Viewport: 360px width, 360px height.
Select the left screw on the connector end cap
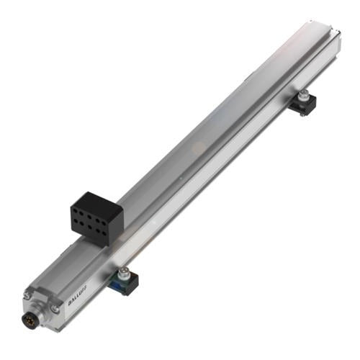pyautogui.click(x=27, y=296)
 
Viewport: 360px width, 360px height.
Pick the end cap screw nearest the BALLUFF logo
pyautogui.click(x=55, y=310)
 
